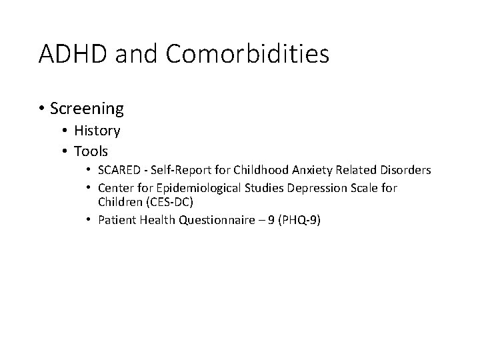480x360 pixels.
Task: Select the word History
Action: click(97, 131)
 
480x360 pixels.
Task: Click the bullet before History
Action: click(67, 131)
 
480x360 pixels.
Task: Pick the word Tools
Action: click(91, 151)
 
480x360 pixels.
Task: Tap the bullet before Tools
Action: click(67, 151)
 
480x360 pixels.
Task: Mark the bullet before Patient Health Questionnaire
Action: click(89, 219)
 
